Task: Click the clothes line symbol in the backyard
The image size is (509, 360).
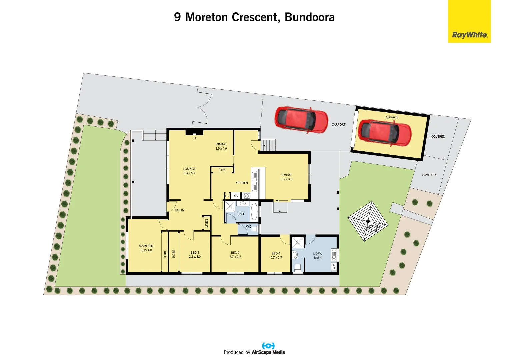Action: pyautogui.click(x=368, y=221)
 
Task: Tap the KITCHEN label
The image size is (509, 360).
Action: pyautogui.click(x=242, y=183)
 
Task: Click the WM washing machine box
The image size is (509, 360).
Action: pyautogui.click(x=334, y=267)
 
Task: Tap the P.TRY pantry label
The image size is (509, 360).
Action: pyautogui.click(x=222, y=170)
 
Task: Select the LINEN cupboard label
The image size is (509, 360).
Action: pyautogui.click(x=207, y=223)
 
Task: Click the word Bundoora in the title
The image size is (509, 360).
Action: pyautogui.click(x=309, y=17)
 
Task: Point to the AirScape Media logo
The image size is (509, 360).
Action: pyautogui.click(x=268, y=349)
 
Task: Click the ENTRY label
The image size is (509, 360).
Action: pyautogui.click(x=180, y=210)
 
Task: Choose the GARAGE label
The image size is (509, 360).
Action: pyautogui.click(x=392, y=117)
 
